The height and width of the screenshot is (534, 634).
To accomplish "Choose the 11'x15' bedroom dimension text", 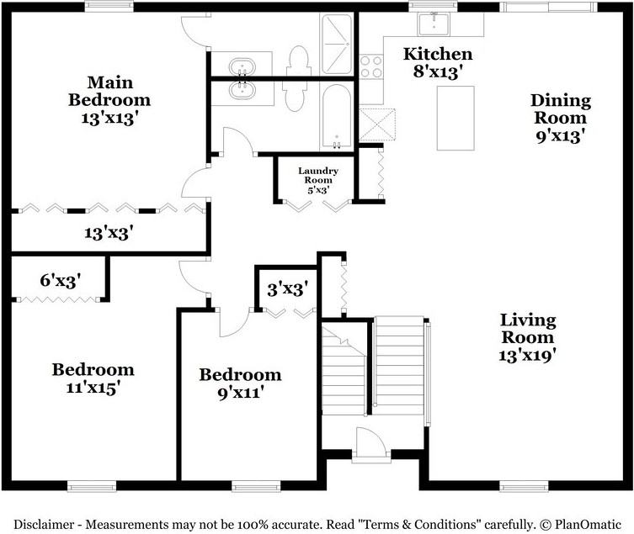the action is tap(93, 389).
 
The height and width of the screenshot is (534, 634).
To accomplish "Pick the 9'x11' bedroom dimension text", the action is tap(241, 393).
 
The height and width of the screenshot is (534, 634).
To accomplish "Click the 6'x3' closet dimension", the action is tap(61, 280).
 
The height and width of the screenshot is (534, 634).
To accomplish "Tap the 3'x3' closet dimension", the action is tap(288, 289).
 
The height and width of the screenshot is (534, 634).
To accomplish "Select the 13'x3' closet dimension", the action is tap(109, 233).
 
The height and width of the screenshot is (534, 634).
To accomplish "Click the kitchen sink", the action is tap(433, 24).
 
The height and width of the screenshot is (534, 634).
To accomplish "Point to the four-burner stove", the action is tap(371, 66).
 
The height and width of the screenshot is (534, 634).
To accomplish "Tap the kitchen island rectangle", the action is tap(456, 118).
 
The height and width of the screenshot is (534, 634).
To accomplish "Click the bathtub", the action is tap(337, 117).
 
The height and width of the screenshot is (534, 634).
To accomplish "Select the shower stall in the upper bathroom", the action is tap(337, 44).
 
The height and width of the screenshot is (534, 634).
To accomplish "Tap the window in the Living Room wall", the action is tap(524, 486).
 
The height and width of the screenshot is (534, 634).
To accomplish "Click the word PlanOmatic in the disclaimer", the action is tap(588, 525).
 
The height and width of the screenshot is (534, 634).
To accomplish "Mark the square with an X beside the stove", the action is tap(377, 124).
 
